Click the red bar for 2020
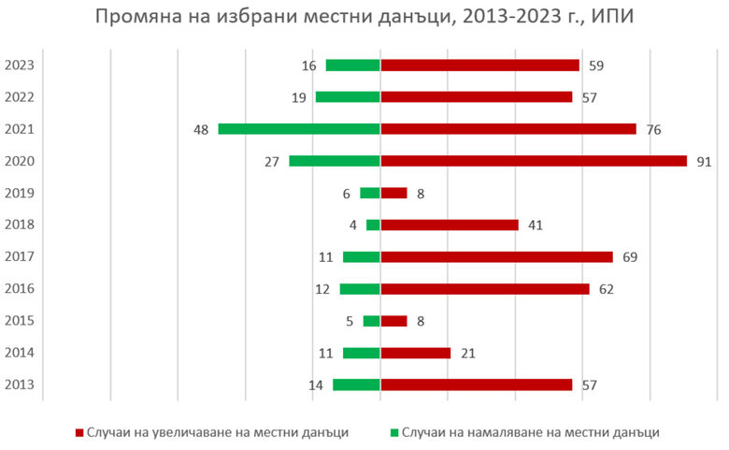click(533, 161)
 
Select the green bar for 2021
click(299, 129)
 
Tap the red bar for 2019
click(393, 193)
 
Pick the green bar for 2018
click(373, 225)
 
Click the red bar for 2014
click(415, 353)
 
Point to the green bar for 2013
click(356, 385)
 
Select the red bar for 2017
click(496, 257)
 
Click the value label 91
click(704, 161)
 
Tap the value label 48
click(201, 129)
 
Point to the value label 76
click(653, 129)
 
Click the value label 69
click(630, 257)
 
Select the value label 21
click(468, 353)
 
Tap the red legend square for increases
click(79, 432)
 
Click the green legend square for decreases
click(394, 432)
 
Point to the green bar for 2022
click(348, 97)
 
